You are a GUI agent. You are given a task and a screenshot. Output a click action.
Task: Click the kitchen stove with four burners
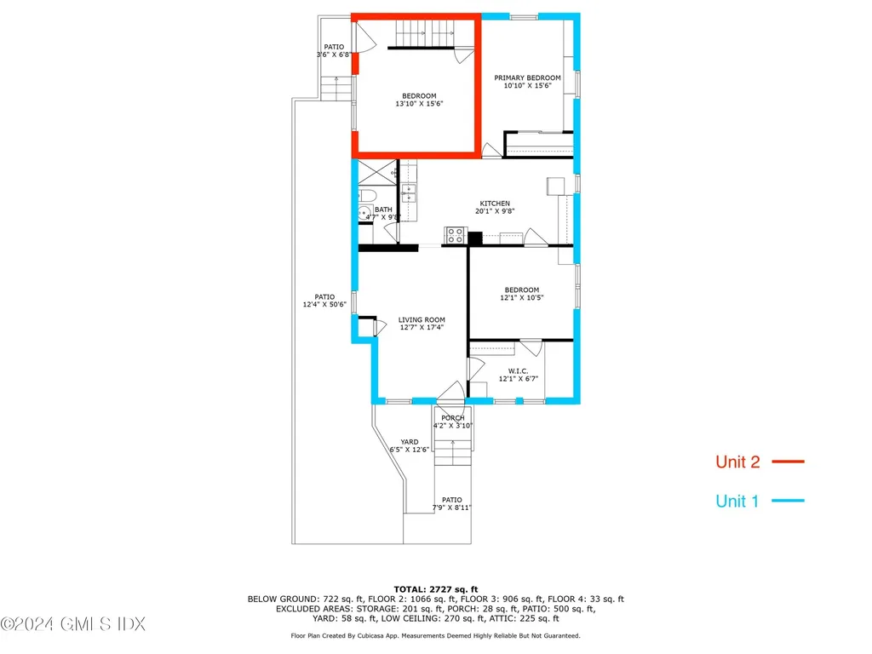pos(456,235)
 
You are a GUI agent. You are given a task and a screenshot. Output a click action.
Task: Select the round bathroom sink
pos(364,215)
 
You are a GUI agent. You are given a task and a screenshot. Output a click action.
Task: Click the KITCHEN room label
pos(495,204)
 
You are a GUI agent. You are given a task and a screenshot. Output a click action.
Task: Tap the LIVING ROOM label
pos(422,320)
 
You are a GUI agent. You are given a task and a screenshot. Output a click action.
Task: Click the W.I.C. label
pos(519,370)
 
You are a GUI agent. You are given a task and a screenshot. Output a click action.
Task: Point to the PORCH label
pos(453,418)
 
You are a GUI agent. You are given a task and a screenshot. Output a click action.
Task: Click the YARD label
pos(410,441)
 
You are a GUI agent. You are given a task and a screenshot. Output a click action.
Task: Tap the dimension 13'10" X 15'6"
pos(419,104)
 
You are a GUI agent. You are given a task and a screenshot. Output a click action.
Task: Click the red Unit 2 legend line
pos(788,462)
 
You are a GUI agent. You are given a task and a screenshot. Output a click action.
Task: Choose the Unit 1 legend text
pos(737,502)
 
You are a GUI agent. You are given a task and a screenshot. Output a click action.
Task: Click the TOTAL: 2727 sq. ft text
pos(435,589)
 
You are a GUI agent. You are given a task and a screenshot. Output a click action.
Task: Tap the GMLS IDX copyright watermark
pos(73,625)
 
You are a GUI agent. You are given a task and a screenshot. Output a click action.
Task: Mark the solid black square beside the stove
pos(475,238)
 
